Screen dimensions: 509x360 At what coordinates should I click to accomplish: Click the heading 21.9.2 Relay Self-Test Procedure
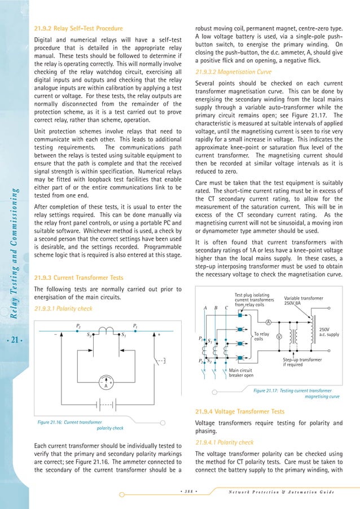(78, 28)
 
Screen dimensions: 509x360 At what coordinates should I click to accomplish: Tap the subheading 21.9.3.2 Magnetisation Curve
(231, 72)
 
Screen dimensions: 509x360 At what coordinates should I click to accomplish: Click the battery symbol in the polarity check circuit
(103, 405)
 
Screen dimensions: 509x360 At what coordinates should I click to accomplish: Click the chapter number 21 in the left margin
(14, 339)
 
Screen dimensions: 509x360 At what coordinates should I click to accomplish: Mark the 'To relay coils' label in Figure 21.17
(261, 336)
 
